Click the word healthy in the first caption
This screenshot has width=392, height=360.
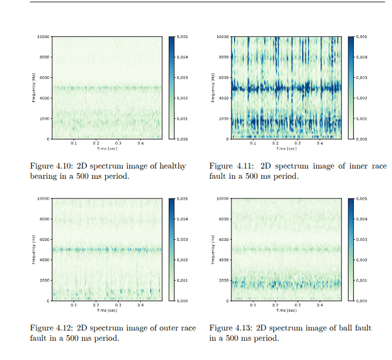tap(172, 166)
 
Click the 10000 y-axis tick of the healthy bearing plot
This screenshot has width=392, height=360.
tap(44, 37)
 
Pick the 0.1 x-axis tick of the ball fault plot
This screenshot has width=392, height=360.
tap(253, 305)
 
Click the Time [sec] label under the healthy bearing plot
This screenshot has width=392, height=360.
tap(107, 148)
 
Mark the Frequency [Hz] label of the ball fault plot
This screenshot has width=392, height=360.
tap(212, 250)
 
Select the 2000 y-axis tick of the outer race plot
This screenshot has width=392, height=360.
tap(45, 281)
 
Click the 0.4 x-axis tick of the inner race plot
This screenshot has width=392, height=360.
tap(320, 144)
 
